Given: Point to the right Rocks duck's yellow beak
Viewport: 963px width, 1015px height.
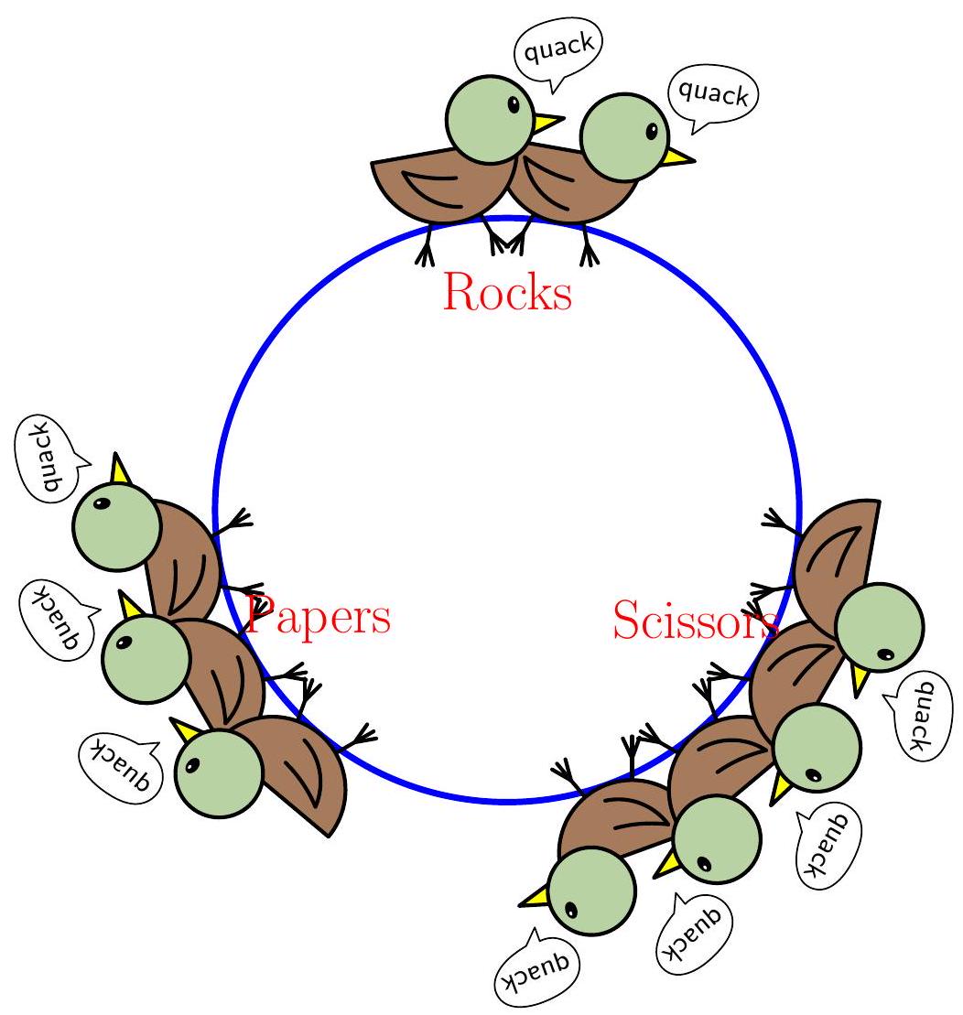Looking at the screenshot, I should point(678,157).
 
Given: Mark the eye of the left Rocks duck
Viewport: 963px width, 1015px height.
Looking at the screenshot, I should point(514,105).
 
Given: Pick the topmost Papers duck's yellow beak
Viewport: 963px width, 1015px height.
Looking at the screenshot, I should point(121,470).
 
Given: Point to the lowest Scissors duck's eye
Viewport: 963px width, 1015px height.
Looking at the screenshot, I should point(572,910).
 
